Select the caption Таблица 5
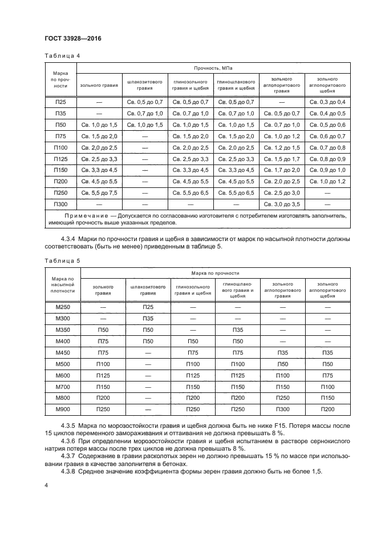point(59,260)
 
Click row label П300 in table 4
point(60,204)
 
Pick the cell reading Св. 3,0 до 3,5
point(282,204)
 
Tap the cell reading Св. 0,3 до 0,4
point(327,101)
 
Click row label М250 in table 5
point(60,307)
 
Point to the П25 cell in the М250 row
point(148,307)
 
